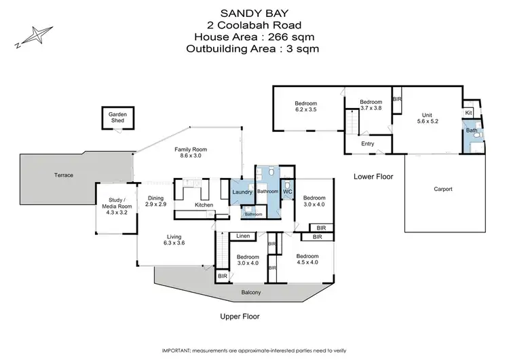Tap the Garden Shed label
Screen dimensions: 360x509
(x=118, y=117)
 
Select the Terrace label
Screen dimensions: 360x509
(x=63, y=175)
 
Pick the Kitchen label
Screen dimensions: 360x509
(x=204, y=204)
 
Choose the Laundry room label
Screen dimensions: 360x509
(x=242, y=192)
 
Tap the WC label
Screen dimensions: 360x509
(x=287, y=192)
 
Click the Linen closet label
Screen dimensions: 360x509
(x=242, y=236)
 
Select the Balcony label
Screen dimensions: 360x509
(x=252, y=293)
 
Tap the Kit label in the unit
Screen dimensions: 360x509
(x=468, y=112)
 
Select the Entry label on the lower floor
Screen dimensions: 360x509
(x=367, y=143)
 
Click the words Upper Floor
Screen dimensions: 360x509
(x=240, y=317)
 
